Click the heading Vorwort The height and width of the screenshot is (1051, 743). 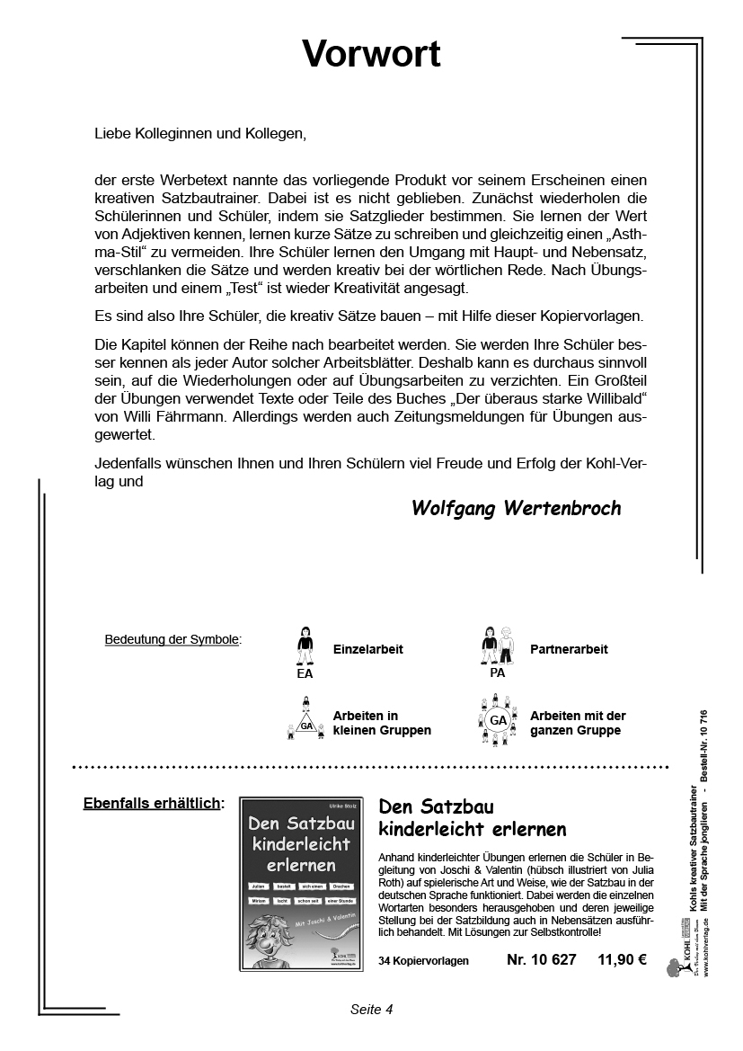(371, 54)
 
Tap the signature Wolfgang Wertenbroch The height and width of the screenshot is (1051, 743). (516, 508)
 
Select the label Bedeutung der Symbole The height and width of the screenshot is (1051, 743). (172, 640)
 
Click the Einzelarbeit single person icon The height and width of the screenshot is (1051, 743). (305, 645)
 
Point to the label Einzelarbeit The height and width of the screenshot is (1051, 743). (367, 649)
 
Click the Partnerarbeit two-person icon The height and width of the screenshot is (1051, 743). (497, 645)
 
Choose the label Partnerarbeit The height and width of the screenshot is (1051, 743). (569, 649)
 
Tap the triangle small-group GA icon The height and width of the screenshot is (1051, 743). (305, 720)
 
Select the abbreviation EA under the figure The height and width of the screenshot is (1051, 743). (305, 672)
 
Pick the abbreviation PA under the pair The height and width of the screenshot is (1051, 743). (497, 672)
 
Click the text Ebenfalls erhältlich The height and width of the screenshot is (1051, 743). (153, 803)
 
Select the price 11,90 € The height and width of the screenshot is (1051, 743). (622, 959)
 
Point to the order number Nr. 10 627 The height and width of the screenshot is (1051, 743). (541, 959)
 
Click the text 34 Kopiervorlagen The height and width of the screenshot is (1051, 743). (423, 961)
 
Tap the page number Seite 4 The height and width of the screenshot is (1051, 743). (371, 1009)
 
